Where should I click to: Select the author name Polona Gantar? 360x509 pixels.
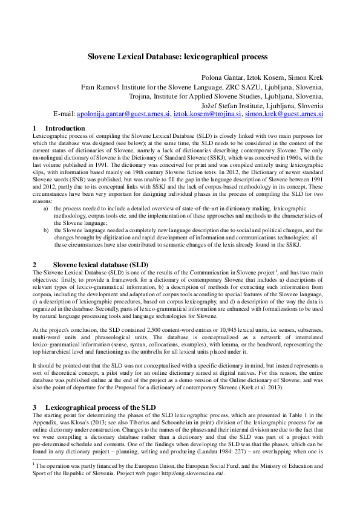[223, 78]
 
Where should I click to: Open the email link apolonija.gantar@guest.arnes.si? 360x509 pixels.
[120, 113]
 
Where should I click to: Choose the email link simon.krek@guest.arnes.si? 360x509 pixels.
[284, 113]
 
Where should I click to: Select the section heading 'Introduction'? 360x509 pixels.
[65, 129]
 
